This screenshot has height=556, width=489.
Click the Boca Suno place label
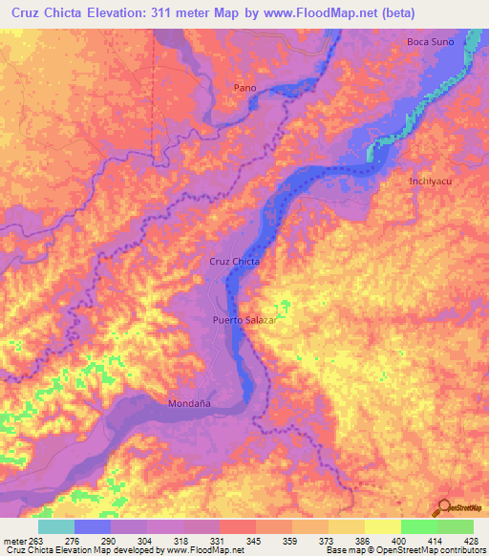tap(430, 42)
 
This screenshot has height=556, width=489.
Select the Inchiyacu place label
tap(430, 181)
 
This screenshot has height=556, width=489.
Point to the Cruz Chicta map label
tap(235, 261)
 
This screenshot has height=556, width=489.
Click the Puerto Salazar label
tap(244, 321)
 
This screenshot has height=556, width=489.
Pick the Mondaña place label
tap(190, 402)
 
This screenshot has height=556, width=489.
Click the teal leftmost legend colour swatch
tap(55, 527)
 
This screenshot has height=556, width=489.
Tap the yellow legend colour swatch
tap(382, 527)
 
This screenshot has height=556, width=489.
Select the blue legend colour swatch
tap(92, 527)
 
